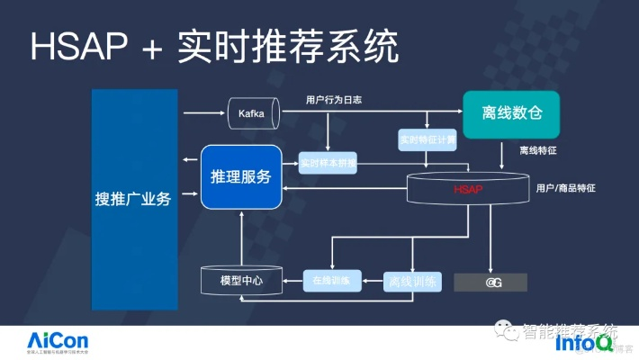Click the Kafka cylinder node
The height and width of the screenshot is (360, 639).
click(x=253, y=114)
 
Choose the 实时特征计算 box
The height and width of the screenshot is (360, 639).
click(x=427, y=140)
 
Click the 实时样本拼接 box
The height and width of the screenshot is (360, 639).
click(x=328, y=165)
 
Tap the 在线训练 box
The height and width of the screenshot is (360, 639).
click(x=331, y=281)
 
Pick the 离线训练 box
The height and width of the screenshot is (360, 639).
click(x=412, y=281)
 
